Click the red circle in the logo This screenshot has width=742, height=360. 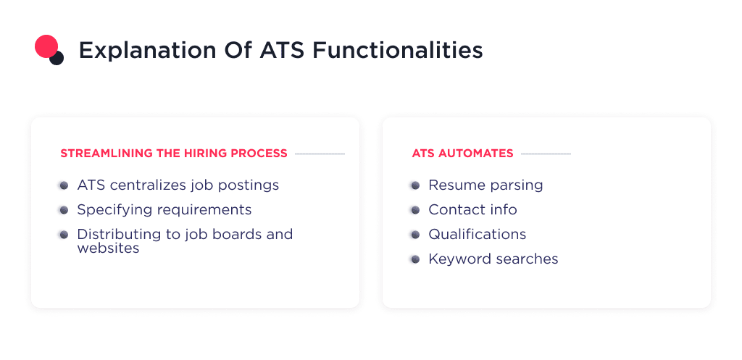46,46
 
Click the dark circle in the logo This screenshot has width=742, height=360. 57,58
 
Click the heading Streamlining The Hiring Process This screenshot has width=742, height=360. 174,154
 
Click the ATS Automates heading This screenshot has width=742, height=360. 462,154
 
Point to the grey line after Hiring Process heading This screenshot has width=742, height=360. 320,154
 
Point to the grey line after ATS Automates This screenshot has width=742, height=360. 546,154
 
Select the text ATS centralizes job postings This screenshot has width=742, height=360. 178,185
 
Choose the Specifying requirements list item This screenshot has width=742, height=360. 164,210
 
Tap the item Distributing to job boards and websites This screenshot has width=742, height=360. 185,241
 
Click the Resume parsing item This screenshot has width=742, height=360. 485,185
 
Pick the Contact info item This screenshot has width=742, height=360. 472,210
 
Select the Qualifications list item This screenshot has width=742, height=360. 477,235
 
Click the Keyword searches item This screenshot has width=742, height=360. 493,259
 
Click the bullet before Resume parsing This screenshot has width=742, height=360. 415,185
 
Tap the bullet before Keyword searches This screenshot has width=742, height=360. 415,259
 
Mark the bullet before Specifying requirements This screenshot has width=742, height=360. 64,210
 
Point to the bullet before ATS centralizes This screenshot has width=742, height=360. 64,185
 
